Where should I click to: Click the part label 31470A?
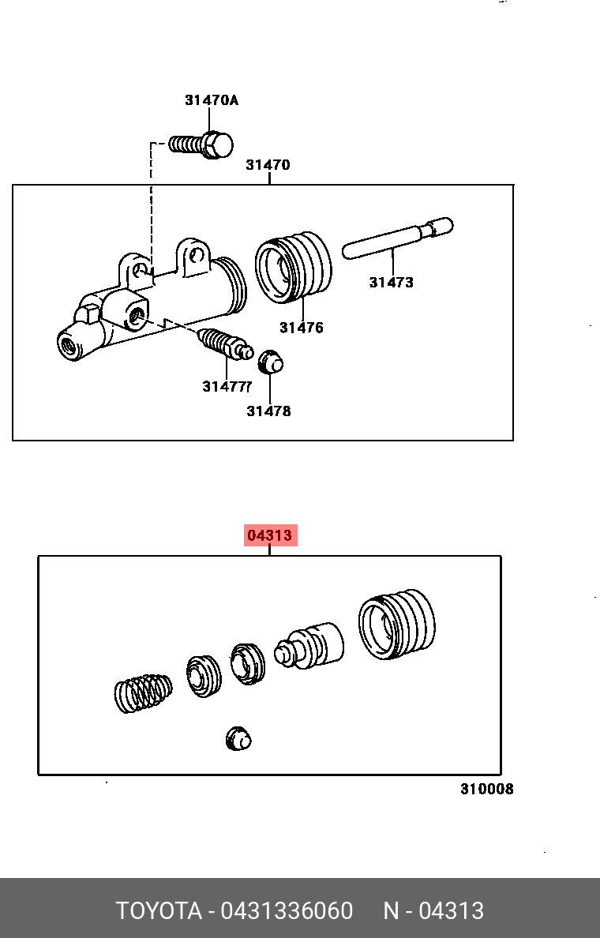211,100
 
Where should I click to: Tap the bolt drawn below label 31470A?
202,144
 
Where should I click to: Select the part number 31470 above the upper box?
268,165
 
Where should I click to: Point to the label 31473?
391,282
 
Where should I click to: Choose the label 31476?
301,327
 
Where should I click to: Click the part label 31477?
226,386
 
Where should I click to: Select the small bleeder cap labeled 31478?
271,361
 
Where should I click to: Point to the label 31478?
268,411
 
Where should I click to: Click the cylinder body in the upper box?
150,304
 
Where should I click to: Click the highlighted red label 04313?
270,535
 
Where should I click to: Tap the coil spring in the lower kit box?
143,692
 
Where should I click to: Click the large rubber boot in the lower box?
396,624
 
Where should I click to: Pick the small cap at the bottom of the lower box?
238,738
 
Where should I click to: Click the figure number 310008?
487,789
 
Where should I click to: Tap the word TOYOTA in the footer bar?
159,910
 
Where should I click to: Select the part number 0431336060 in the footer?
287,910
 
